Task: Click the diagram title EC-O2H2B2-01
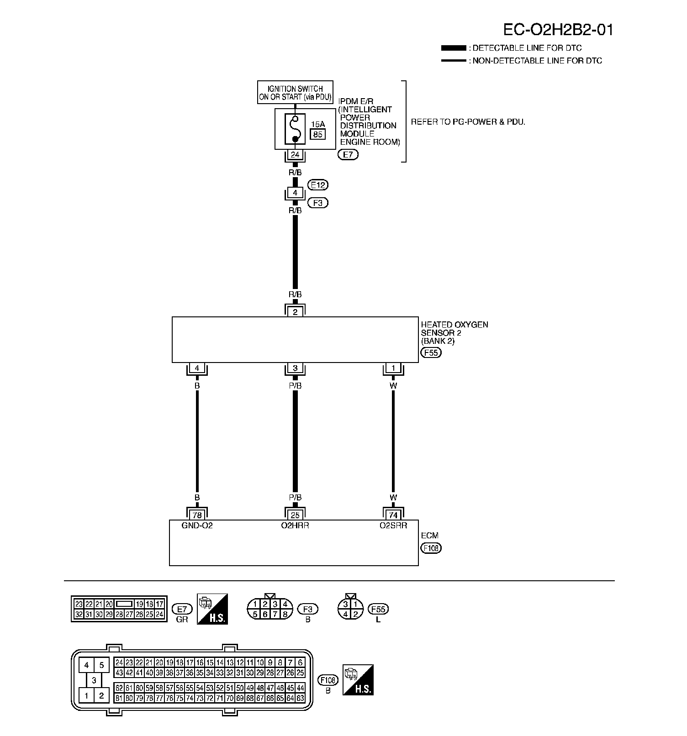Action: pos(558,30)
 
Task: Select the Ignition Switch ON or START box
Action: pos(295,93)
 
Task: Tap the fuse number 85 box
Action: pos(317,134)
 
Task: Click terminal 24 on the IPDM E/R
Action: pos(295,155)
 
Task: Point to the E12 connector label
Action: pos(318,185)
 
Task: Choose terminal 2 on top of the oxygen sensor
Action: pos(295,312)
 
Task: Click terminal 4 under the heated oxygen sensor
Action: pos(197,368)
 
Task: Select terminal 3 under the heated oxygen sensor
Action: pos(295,368)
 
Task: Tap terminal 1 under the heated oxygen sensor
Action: pos(393,368)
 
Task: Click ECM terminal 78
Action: pos(197,515)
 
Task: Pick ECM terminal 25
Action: pos(295,515)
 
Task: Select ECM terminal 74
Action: pos(393,515)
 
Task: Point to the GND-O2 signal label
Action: pos(197,526)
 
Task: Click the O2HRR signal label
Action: pos(295,526)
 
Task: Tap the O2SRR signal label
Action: pos(393,526)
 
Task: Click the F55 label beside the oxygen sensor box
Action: pos(431,352)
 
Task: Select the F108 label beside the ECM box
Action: pos(431,548)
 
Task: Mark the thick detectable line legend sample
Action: pos(454,48)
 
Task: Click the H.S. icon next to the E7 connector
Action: pos(212,609)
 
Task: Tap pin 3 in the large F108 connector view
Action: pos(94,680)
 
